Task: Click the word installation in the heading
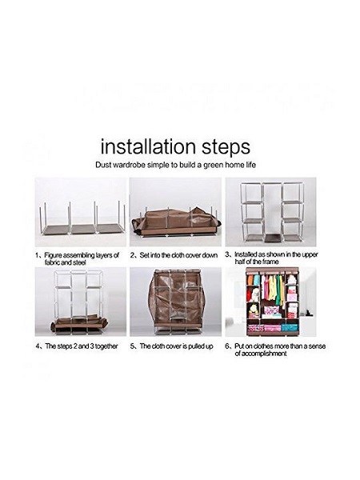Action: coord(148,146)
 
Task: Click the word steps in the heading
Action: coord(226,148)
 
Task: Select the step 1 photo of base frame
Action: coord(81,212)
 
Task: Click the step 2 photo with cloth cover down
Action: coord(175,212)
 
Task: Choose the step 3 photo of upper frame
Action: coord(271,212)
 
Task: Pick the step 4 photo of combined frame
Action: coord(81,302)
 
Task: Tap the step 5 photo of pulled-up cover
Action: coord(175,302)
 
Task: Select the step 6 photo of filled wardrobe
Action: coord(271,302)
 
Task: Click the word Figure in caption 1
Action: coord(54,256)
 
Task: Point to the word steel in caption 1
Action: coord(79,262)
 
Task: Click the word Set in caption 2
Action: coord(144,255)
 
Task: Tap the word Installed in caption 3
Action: coord(246,254)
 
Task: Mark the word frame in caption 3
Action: coord(270,262)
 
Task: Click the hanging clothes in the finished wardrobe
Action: coord(272,290)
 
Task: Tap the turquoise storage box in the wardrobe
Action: coord(290,327)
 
